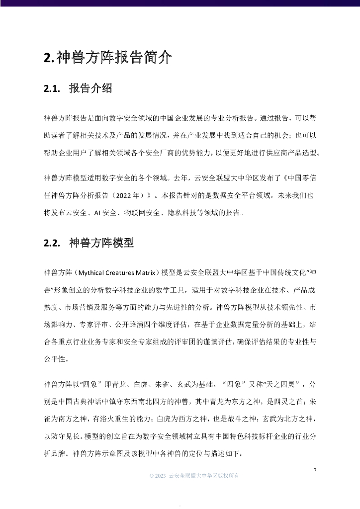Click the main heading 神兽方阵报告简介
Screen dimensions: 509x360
(108, 58)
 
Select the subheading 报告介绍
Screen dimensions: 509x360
(90, 89)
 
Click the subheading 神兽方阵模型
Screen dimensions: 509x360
(101, 243)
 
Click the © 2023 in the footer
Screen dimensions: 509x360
(158, 476)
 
